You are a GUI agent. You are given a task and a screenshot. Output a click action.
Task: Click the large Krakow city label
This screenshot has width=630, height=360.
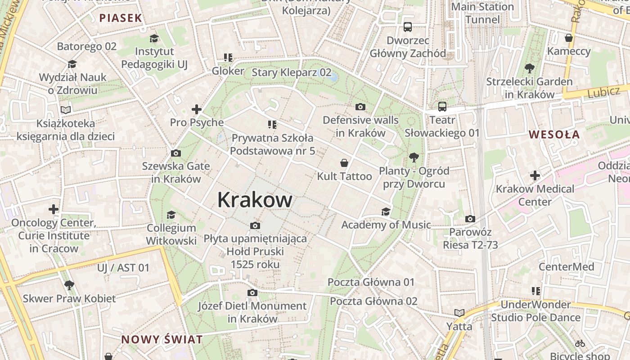click(255, 199)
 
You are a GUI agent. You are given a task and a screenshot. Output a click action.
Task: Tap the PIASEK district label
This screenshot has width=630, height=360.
click(121, 18)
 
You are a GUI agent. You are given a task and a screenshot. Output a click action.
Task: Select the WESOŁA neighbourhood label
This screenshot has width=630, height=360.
click(554, 134)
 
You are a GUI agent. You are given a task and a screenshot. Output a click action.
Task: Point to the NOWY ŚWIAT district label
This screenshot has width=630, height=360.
click(162, 339)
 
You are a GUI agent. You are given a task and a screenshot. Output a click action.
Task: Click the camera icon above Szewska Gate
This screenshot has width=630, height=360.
click(176, 153)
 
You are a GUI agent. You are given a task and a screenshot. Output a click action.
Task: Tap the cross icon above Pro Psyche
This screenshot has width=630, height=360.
click(196, 109)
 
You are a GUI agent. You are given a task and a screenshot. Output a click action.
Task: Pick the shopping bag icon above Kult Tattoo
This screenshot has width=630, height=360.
click(344, 163)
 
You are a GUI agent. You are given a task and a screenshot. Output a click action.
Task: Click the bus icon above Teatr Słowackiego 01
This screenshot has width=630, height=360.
click(442, 107)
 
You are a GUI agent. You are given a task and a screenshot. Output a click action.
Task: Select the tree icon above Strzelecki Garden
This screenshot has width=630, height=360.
click(529, 68)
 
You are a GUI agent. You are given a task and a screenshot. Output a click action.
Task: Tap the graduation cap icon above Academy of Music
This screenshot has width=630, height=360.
click(386, 212)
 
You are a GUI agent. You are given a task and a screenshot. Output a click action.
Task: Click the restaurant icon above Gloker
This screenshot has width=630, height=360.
click(228, 58)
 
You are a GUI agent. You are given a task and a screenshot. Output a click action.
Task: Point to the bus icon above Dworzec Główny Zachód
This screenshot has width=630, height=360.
click(408, 27)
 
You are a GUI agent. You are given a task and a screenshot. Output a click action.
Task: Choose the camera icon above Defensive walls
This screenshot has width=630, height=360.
click(360, 107)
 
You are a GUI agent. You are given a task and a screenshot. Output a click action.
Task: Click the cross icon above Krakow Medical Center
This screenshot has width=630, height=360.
click(535, 175)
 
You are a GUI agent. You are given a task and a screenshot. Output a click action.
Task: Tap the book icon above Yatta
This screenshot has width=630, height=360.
click(459, 313)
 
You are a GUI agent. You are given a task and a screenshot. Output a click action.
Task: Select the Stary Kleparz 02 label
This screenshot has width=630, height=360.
click(291, 72)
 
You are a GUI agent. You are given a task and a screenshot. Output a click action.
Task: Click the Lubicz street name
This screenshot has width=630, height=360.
click(603, 92)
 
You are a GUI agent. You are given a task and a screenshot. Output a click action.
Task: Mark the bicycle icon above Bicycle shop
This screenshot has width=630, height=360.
click(580, 343)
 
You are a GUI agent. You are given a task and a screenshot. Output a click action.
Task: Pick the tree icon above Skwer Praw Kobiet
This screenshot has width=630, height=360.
click(69, 285)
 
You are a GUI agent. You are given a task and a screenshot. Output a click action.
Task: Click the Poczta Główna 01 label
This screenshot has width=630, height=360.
click(371, 282)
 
